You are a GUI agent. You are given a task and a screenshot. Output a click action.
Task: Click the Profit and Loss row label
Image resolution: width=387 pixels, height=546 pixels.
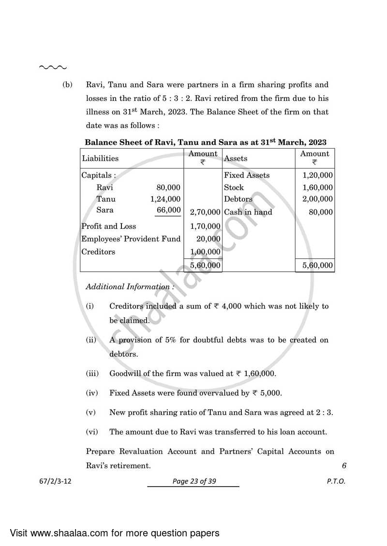[x=109, y=226]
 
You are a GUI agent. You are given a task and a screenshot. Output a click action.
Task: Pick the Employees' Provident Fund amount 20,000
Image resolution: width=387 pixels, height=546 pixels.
[x=208, y=239]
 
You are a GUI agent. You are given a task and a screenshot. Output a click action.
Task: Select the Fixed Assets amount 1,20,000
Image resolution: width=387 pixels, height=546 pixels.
[x=317, y=175]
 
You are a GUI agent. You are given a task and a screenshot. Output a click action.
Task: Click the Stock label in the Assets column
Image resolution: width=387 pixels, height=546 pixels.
[x=234, y=187]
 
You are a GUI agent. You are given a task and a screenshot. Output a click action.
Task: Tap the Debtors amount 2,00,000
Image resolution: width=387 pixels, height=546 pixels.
[x=317, y=199]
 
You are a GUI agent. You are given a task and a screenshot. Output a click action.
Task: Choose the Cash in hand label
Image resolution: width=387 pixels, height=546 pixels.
[x=248, y=212]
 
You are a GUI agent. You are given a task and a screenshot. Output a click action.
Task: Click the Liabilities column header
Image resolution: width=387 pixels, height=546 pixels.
[x=100, y=158]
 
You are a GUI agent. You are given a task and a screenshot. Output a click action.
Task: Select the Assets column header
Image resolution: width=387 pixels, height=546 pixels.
[x=236, y=158]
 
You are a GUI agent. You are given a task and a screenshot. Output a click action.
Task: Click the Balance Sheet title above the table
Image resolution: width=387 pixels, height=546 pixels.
[x=206, y=142]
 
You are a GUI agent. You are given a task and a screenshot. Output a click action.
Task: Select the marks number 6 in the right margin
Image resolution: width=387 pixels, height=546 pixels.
[x=344, y=466]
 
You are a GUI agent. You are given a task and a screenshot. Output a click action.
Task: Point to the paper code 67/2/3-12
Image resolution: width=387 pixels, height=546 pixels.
[x=57, y=481]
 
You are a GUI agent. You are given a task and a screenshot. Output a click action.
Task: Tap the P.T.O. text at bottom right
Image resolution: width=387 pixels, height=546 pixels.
[x=336, y=481]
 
